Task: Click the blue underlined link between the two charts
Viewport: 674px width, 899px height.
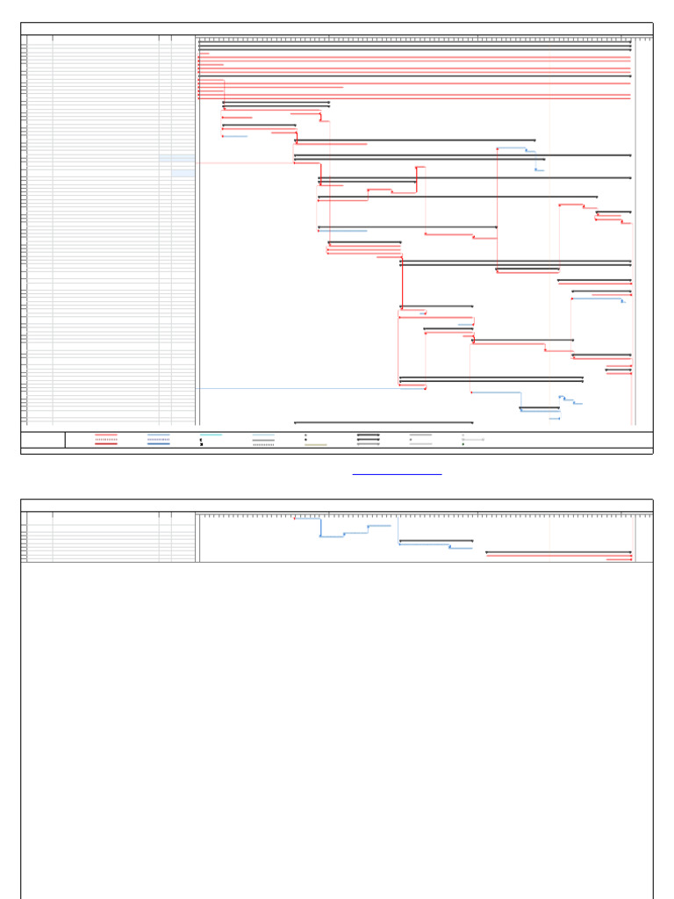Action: pyautogui.click(x=397, y=474)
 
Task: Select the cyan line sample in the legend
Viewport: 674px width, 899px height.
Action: pyautogui.click(x=211, y=435)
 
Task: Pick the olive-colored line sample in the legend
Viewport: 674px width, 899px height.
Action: pyautogui.click(x=316, y=444)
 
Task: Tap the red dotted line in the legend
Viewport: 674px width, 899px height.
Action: pyautogui.click(x=106, y=439)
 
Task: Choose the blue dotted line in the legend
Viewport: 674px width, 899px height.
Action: pyautogui.click(x=159, y=439)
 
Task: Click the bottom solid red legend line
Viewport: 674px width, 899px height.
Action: pyautogui.click(x=106, y=444)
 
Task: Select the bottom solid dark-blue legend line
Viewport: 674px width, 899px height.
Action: pyautogui.click(x=159, y=444)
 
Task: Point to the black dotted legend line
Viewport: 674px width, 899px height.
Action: pyautogui.click(x=263, y=444)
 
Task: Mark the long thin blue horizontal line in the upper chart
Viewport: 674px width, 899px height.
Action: pyautogui.click(x=298, y=388)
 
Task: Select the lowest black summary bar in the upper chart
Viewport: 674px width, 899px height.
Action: pyautogui.click(x=384, y=422)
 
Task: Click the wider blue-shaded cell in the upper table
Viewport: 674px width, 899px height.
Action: pyautogui.click(x=177, y=159)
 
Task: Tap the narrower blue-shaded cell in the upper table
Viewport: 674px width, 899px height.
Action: pyautogui.click(x=183, y=173)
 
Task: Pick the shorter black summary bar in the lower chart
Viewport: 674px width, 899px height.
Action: pyautogui.click(x=436, y=541)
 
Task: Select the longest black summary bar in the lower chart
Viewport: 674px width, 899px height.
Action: pyautogui.click(x=558, y=552)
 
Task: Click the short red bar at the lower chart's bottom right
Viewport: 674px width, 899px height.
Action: pyautogui.click(x=619, y=559)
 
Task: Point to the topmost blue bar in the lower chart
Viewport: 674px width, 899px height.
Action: pyautogui.click(x=306, y=518)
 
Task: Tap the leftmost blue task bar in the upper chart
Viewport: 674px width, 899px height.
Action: pyautogui.click(x=235, y=136)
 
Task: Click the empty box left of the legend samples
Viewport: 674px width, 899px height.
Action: pyautogui.click(x=43, y=440)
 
